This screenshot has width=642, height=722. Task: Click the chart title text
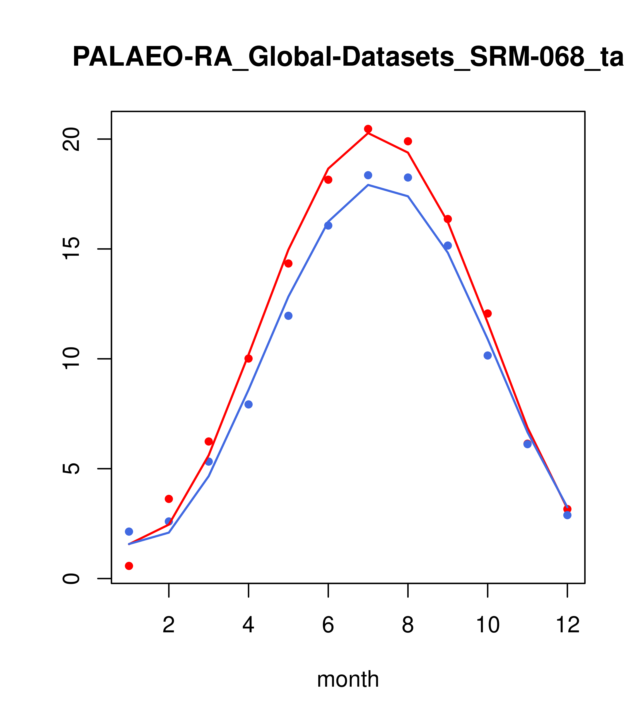(348, 57)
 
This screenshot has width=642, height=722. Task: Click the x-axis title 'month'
(348, 680)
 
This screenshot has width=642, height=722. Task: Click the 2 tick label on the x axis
(169, 625)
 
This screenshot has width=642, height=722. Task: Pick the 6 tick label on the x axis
(328, 625)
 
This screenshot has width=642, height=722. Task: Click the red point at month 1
(129, 566)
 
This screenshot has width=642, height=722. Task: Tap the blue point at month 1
(129, 532)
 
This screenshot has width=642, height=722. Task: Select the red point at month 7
(368, 129)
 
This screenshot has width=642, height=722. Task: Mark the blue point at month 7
(368, 175)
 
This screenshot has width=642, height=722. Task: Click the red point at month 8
(408, 141)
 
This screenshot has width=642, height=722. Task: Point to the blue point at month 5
(288, 316)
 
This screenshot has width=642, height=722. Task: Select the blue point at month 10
(488, 355)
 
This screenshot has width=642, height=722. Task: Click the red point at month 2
(169, 499)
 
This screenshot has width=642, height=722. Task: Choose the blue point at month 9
(448, 245)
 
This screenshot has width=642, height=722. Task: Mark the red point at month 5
(288, 264)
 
